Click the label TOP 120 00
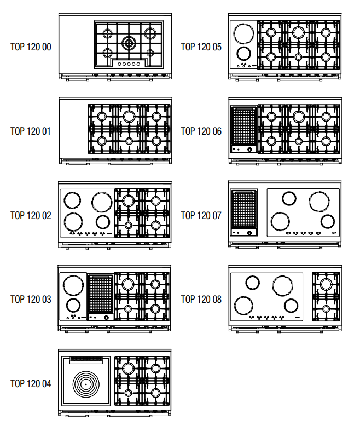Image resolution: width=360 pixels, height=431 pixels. click(x=31, y=47)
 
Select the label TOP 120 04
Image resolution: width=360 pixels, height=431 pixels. click(x=31, y=383)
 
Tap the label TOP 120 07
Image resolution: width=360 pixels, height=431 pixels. click(x=201, y=215)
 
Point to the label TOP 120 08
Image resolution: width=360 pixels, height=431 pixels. click(x=201, y=299)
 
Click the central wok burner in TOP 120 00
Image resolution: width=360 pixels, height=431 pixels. click(x=129, y=43)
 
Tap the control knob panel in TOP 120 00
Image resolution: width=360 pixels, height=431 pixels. click(x=129, y=64)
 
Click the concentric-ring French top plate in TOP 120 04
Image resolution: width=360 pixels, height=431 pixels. click(x=86, y=384)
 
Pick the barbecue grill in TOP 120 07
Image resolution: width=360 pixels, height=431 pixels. click(x=244, y=210)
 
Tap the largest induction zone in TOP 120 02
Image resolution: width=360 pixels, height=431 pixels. click(x=101, y=202)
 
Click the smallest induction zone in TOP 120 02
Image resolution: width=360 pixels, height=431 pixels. click(x=102, y=222)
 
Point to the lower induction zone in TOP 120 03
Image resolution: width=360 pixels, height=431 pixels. click(x=72, y=306)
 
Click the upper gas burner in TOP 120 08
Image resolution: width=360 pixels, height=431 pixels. click(x=326, y=284)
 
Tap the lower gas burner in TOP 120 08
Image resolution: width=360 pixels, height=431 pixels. click(x=326, y=309)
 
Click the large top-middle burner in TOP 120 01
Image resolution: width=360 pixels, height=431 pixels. click(x=129, y=116)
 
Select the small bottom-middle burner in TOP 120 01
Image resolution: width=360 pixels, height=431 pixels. click(x=129, y=141)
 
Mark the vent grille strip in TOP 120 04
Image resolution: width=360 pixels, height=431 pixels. click(x=86, y=359)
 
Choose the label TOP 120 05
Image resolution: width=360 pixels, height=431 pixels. click(x=201, y=47)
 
